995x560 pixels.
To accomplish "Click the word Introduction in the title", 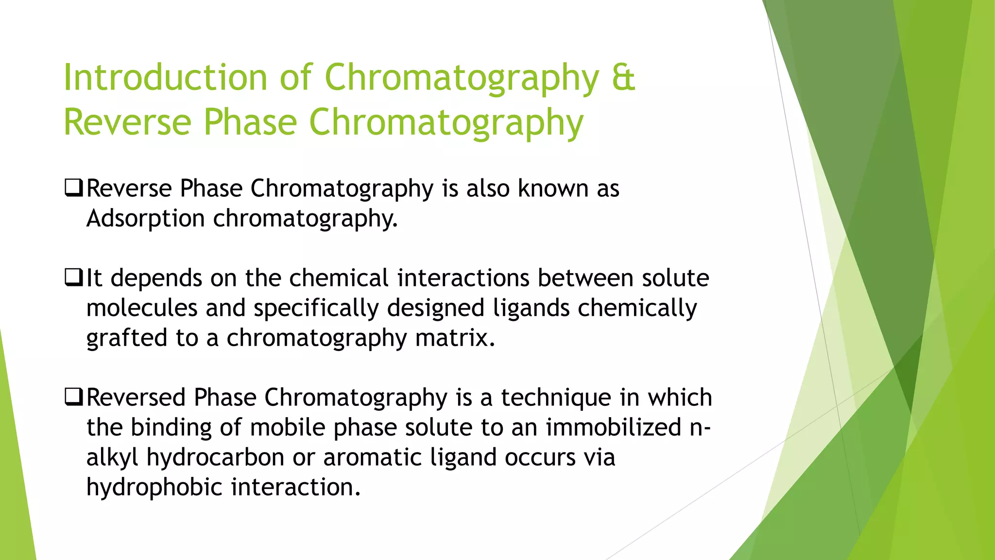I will coord(165,78).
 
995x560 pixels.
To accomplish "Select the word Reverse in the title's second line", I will coord(127,122).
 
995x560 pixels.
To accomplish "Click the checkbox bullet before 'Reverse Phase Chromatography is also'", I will coord(73,188).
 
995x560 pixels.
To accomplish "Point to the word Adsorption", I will coord(145,218).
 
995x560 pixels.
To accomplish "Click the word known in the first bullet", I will coord(553,188).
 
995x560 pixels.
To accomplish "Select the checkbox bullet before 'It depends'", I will coord(73,278).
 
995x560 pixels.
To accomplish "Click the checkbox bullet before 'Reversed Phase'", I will coord(73,398).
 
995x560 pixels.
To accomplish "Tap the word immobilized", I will coord(613,427).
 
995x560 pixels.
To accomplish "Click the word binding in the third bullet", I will coord(171,428).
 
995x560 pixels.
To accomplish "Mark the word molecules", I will coord(141,308).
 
